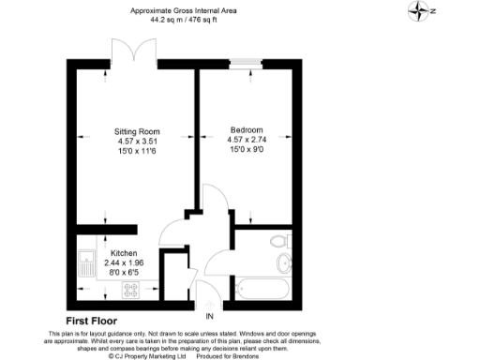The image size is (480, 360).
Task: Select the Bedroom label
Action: [247, 129]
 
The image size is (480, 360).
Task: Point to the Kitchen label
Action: [126, 254]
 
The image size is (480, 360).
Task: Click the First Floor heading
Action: [97, 321]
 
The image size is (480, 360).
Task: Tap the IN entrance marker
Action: [210, 316]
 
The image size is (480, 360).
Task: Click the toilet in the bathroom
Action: [280, 242]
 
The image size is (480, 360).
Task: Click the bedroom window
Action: [247, 64]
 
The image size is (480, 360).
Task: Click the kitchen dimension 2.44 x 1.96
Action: [125, 263]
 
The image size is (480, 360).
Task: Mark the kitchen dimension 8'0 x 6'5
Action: [125, 273]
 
